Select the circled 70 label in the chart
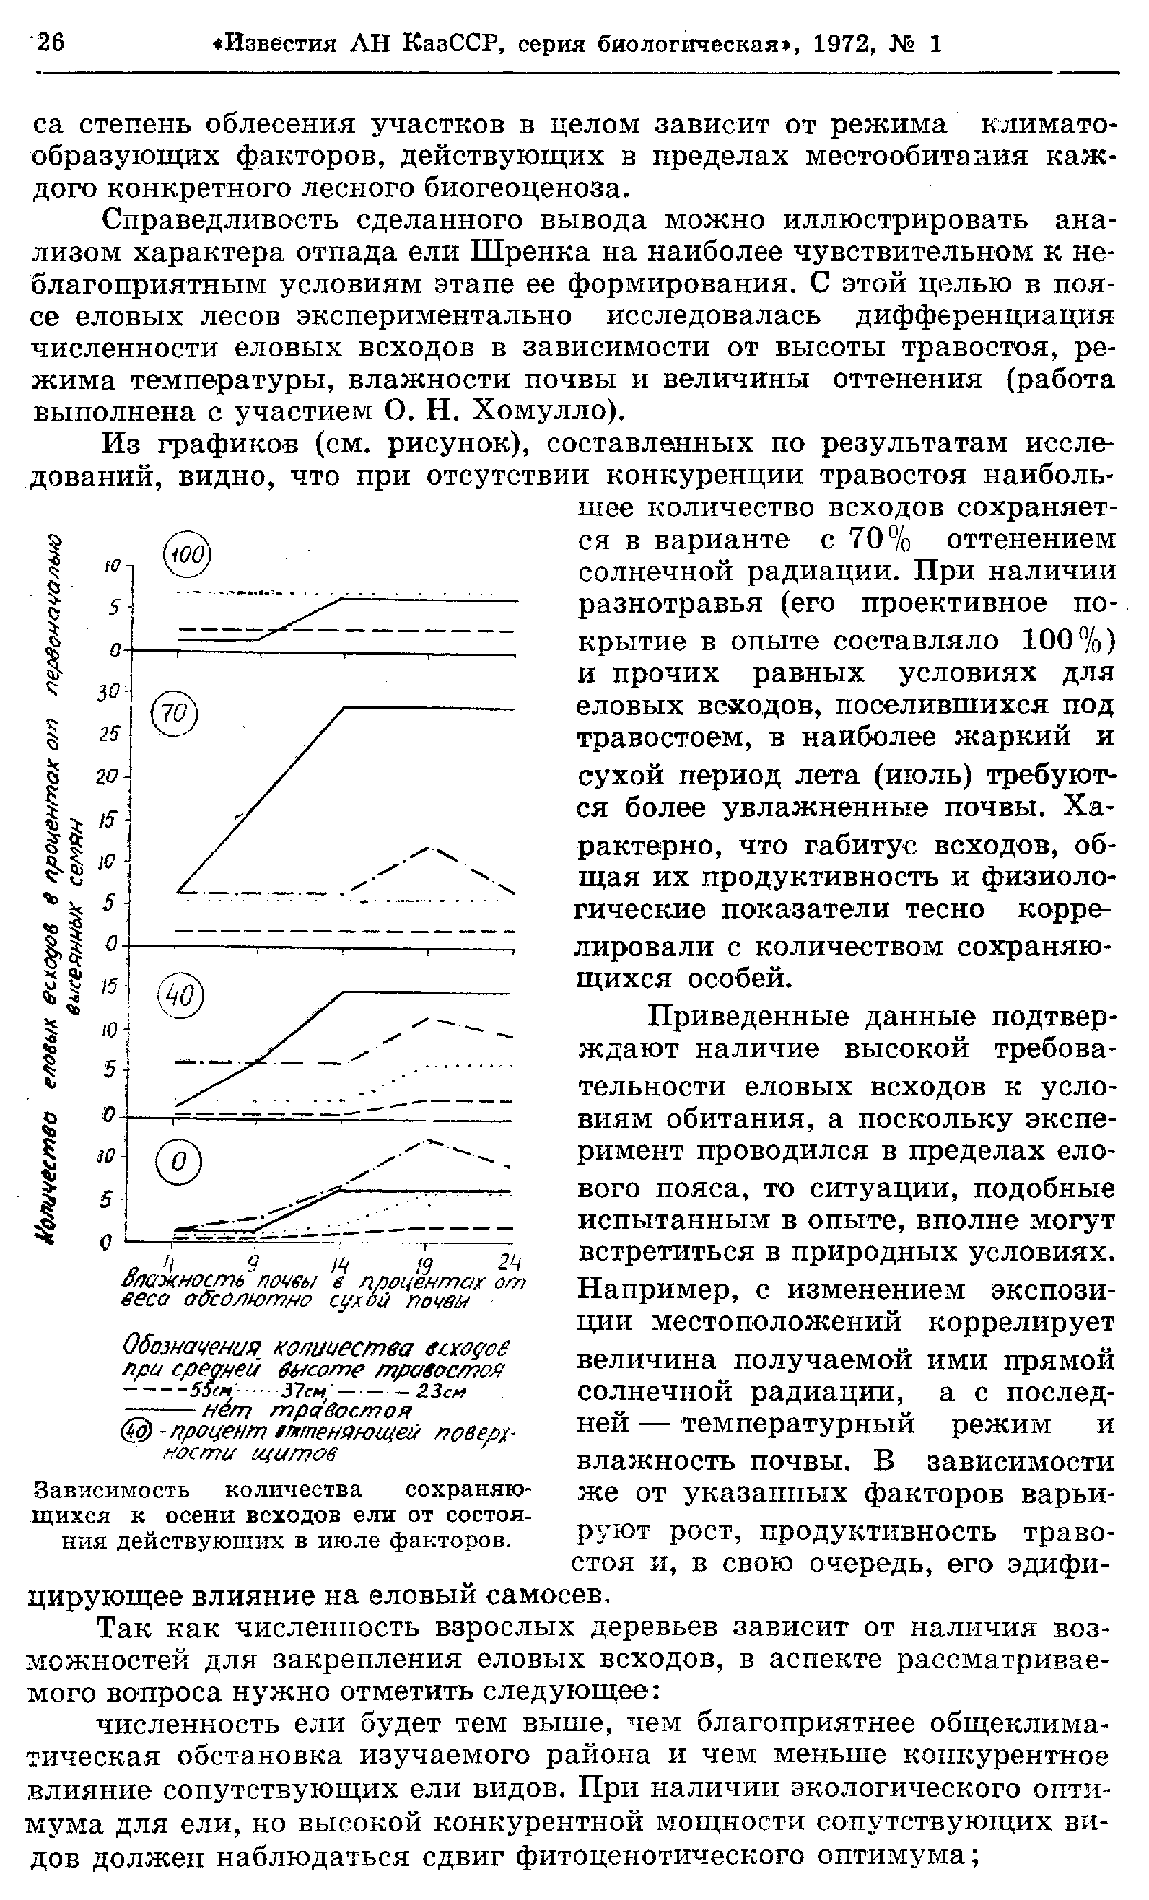(175, 716)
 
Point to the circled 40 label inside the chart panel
(180, 999)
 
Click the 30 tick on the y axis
(108, 693)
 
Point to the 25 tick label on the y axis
(108, 735)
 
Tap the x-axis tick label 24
(509, 1262)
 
